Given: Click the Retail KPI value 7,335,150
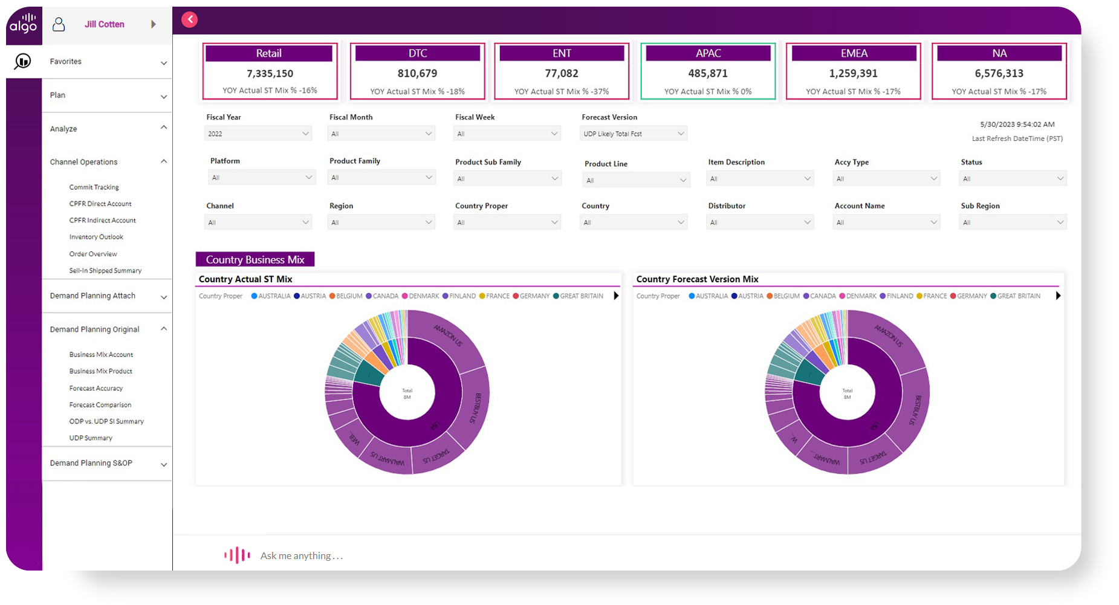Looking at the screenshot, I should click(x=270, y=74).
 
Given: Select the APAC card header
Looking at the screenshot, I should click(x=708, y=53).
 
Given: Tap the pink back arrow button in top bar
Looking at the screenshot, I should click(x=190, y=19).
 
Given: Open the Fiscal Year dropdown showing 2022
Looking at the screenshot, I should click(x=258, y=134).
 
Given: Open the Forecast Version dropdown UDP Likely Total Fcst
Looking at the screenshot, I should click(x=633, y=134).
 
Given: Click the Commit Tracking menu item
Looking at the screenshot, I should click(x=94, y=187).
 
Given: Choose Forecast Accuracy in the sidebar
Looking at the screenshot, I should click(x=96, y=388).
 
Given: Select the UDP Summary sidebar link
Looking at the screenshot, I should click(x=91, y=438).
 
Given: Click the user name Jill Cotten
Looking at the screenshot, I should click(x=104, y=24).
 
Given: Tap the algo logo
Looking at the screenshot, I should click(x=24, y=24).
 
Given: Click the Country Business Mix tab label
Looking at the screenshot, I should click(x=255, y=260).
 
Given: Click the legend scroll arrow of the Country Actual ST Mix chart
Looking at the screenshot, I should click(x=616, y=296).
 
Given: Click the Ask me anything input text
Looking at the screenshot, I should click(x=301, y=556).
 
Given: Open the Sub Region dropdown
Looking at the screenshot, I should click(x=1013, y=222).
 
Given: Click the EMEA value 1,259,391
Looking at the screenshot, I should click(x=853, y=74).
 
